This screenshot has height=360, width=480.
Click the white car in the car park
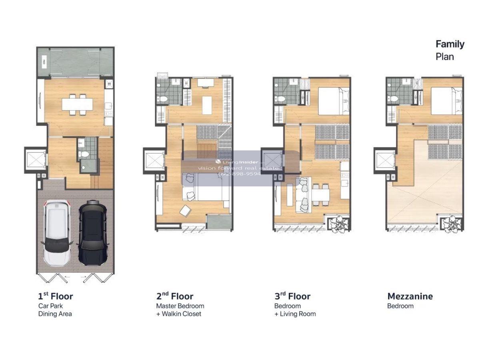coord(57,233)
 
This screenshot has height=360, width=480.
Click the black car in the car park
coord(93,233)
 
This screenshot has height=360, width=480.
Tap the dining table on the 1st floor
coord(77,104)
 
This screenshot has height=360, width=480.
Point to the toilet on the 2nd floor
coord(163,100)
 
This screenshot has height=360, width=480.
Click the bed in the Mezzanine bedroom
coord(446,101)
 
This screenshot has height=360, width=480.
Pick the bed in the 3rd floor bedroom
coord(334,101)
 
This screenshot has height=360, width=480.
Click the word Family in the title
coord(450,44)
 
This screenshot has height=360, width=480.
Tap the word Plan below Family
coord(444,57)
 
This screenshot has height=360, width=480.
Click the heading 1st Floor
coord(56,296)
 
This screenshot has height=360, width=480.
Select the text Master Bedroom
coord(180,306)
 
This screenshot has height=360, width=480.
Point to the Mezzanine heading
coord(410,296)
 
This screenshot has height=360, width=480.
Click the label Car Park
coord(50,306)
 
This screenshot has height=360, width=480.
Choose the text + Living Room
coord(295,314)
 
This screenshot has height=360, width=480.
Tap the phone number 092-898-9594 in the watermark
coord(240,174)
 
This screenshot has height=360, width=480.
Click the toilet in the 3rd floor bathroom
coord(280,100)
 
